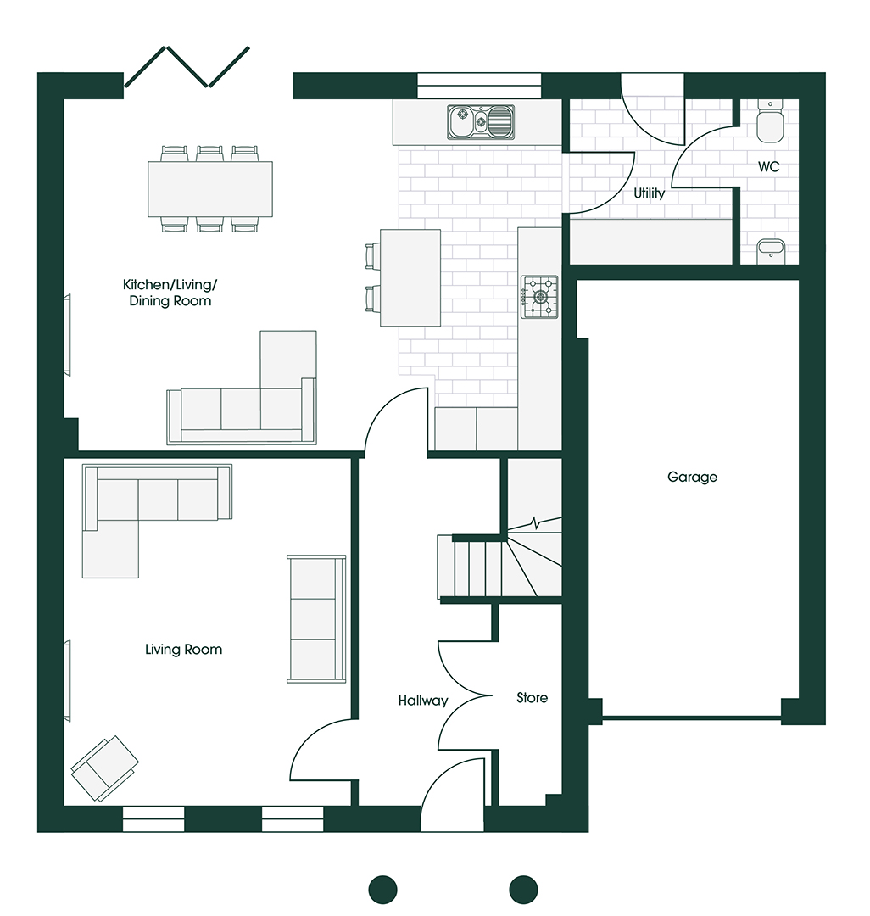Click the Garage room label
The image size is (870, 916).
692,478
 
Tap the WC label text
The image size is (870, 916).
768,167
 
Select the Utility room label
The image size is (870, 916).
650,193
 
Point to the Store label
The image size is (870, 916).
533,698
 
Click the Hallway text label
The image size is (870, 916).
423,701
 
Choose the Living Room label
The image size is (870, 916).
183,650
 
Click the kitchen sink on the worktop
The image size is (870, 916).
481,122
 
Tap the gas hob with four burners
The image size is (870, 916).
539,297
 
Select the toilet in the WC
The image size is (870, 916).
771,120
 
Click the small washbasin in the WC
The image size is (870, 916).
771,249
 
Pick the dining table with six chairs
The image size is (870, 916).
210,188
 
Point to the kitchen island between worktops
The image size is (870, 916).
410,277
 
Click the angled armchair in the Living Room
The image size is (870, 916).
104,768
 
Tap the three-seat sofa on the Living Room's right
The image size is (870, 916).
315,619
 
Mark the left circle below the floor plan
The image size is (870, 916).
382,889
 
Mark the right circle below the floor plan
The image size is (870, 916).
523,889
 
